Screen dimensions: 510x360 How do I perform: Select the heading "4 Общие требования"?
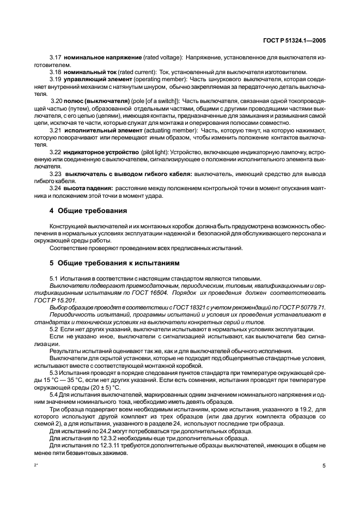click(x=88, y=210)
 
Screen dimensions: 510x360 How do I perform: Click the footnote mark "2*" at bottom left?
click(x=36, y=466)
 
